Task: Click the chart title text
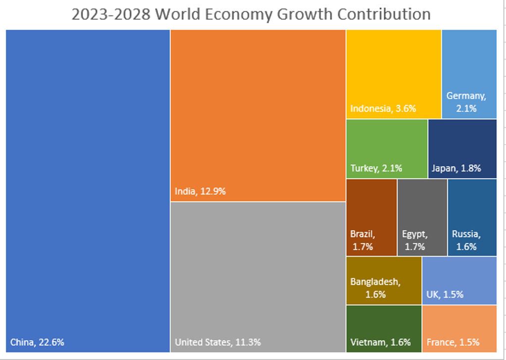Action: [251, 14]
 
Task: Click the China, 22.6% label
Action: [37, 342]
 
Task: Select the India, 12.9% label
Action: [200, 191]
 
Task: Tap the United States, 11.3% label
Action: [217, 342]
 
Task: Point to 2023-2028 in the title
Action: [110, 14]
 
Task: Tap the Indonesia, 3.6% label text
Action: [383, 108]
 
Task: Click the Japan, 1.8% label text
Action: [456, 168]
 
